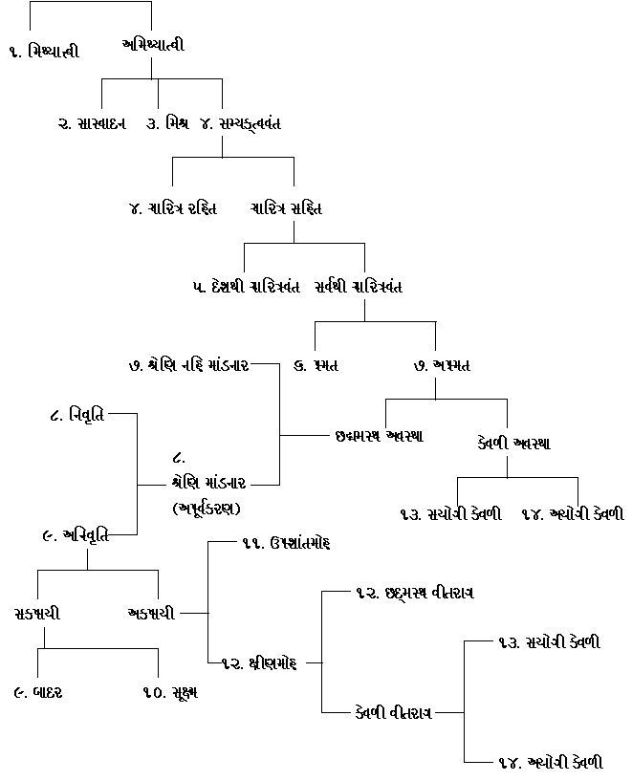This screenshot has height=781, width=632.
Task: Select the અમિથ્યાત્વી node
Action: [153, 44]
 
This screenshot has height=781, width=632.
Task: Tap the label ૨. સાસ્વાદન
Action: [92, 123]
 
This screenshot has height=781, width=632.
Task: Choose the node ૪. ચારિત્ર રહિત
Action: [173, 207]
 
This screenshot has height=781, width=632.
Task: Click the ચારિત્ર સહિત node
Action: [286, 207]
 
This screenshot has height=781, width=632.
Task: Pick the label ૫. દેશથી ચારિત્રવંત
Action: [246, 287]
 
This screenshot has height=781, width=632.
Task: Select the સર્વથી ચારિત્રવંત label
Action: [358, 287]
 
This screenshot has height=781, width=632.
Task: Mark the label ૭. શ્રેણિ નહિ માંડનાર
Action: [188, 365]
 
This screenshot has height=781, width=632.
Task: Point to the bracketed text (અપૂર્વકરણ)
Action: [207, 507]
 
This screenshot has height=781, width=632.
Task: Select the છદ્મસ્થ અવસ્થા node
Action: [380, 436]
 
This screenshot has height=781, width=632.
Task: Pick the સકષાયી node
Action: [38, 613]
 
